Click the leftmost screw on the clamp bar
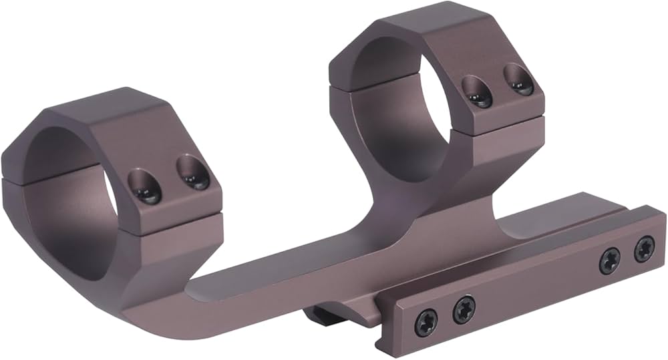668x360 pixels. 426,323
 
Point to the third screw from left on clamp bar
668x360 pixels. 609,260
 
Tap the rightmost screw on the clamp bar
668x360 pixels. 644,249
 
